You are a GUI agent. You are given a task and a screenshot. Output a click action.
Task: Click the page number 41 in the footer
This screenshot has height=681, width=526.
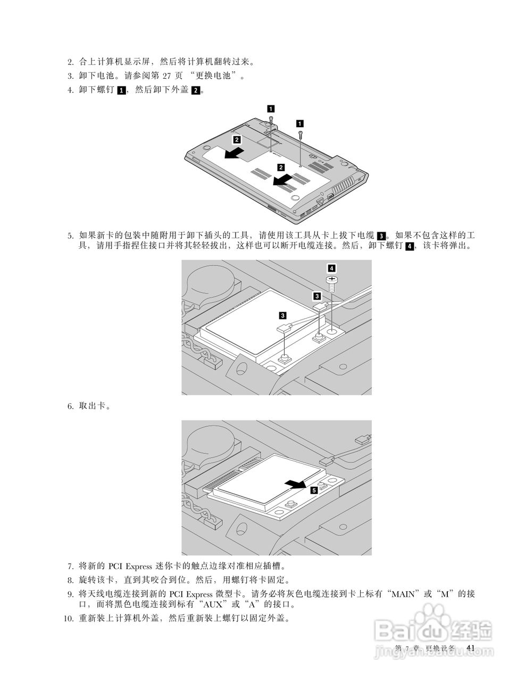pos(470,647)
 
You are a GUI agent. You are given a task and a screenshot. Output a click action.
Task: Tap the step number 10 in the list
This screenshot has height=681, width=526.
pos(68,619)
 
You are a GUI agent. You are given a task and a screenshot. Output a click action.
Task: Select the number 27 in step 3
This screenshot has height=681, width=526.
pos(169,76)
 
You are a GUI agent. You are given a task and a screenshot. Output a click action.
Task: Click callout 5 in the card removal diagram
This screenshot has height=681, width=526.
pos(314,489)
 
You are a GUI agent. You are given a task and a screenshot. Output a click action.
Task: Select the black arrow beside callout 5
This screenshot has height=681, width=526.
pos(295,484)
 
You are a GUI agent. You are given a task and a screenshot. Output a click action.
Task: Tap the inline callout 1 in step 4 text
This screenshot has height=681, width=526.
pos(121,90)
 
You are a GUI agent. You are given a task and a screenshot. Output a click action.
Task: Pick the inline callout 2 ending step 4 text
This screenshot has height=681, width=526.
pos(196,90)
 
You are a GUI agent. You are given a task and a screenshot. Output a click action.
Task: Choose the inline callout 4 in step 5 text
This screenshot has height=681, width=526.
pos(409,246)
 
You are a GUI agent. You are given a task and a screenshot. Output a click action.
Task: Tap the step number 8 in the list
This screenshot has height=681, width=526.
pos(70,580)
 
